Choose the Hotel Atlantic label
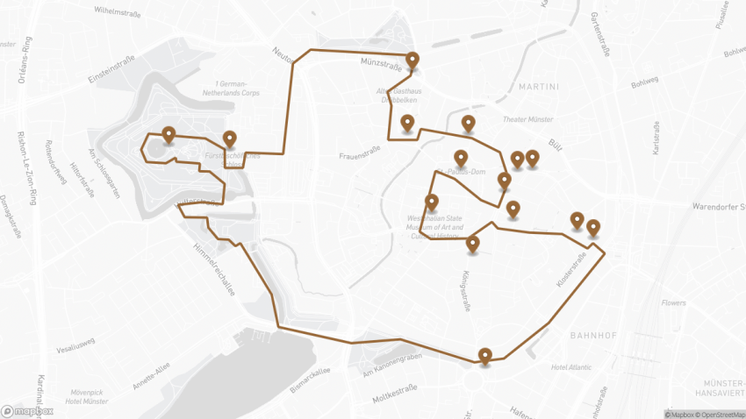572,367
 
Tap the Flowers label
674,303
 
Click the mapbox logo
28,410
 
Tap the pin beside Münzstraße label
412,60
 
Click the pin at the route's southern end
484,355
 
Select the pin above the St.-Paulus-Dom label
461,158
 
